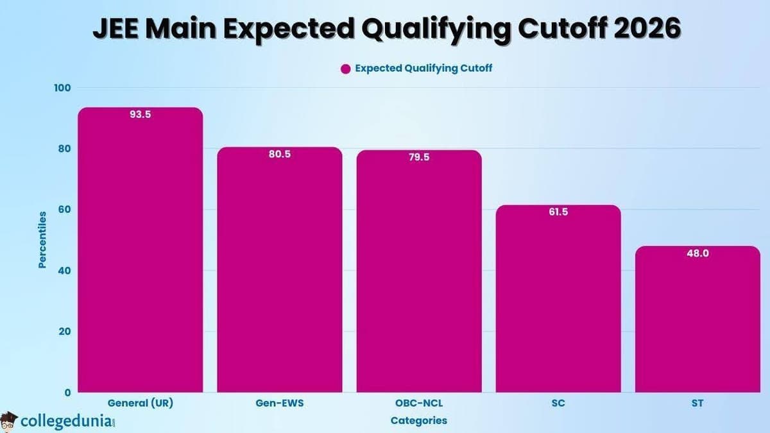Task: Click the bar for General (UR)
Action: (x=140, y=257)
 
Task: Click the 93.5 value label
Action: (x=140, y=115)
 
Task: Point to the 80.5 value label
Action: (x=279, y=155)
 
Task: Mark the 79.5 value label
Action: (x=419, y=158)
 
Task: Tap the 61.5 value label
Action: (x=558, y=212)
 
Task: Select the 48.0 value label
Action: (x=697, y=253)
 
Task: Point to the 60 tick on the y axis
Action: (x=65, y=210)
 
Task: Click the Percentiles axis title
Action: (x=42, y=239)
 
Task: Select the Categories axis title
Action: (x=418, y=421)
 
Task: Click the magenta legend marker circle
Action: (x=345, y=69)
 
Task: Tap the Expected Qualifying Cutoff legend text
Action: (x=424, y=68)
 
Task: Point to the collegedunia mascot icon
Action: (x=9, y=421)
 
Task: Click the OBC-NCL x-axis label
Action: (x=419, y=404)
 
